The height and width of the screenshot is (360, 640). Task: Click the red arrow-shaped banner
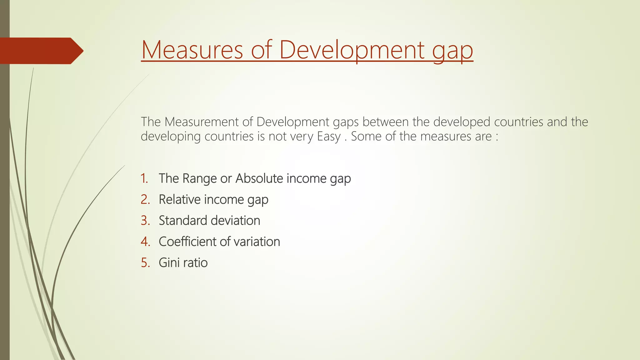point(41,51)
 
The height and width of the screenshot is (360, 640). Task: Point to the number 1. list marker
point(144,178)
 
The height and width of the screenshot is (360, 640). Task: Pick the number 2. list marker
point(145,199)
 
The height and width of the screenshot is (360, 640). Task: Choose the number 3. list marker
point(145,221)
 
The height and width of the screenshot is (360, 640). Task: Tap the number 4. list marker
point(145,242)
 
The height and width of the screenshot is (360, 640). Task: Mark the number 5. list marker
point(145,262)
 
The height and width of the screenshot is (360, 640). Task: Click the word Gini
point(169,262)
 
